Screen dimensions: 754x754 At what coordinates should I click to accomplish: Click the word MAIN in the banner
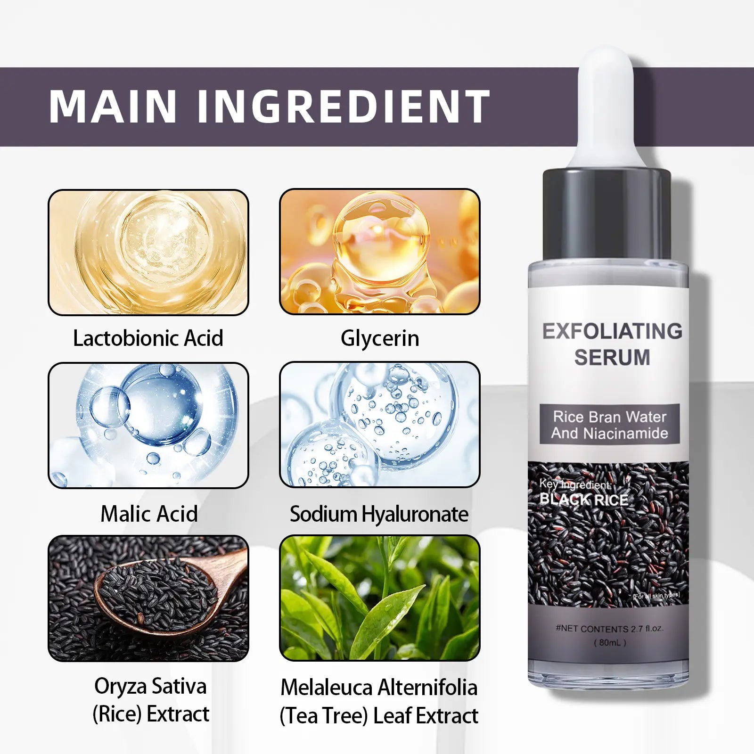(x=113, y=106)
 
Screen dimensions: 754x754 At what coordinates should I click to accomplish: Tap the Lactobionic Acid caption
(x=148, y=338)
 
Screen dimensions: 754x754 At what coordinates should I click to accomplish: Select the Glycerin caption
(x=380, y=338)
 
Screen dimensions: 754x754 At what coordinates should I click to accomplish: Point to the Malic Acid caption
(x=149, y=514)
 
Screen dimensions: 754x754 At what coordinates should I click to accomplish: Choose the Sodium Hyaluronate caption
(x=379, y=514)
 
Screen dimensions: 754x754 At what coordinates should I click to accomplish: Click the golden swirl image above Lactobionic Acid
(x=148, y=252)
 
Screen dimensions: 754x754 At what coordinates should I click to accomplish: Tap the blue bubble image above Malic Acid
(x=148, y=425)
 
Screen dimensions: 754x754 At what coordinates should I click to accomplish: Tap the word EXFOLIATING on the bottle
(x=612, y=331)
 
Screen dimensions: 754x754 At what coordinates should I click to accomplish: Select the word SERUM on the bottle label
(x=612, y=357)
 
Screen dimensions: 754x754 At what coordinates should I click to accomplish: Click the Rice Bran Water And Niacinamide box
(x=610, y=425)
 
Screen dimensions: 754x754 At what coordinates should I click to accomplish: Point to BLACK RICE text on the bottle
(x=584, y=500)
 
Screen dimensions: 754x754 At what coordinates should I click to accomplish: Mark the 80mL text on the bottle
(x=610, y=642)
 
